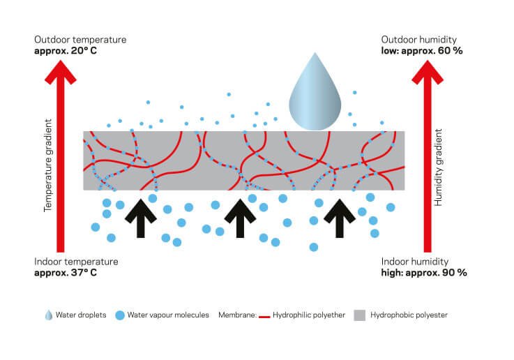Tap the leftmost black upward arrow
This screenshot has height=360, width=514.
142,217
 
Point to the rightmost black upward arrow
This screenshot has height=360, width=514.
340,217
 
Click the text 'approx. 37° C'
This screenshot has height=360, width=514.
66,272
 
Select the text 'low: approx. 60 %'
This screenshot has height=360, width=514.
422,51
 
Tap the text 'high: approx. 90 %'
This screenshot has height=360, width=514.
424,272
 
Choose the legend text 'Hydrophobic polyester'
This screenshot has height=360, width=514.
409,315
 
